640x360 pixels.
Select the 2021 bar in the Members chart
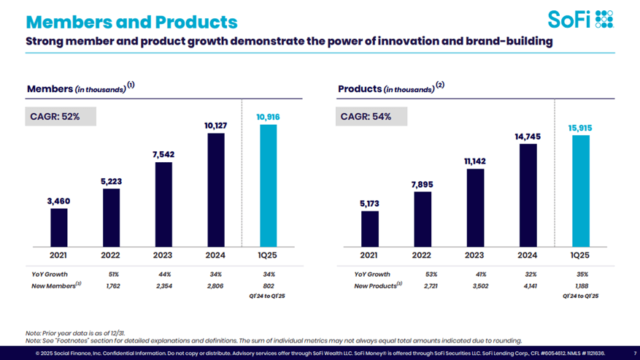point(59,229)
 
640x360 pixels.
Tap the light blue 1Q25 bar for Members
point(269,186)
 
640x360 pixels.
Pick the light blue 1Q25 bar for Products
point(579,191)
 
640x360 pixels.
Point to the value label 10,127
point(216,126)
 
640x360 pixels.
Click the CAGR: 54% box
point(372,115)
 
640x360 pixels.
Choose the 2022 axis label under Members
point(112,256)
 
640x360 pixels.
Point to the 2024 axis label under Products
point(527,256)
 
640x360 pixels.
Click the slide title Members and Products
point(131,21)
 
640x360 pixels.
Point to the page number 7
point(635,353)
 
